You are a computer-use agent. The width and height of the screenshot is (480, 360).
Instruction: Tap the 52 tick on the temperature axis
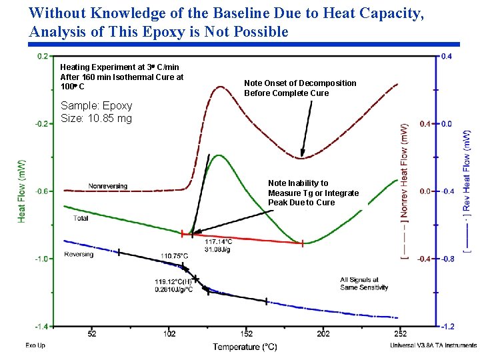pyautogui.click(x=91, y=333)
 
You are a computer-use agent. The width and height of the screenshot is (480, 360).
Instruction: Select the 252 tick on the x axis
pyautogui.click(x=399, y=333)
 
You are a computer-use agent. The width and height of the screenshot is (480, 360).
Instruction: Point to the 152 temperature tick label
pyautogui.click(x=246, y=333)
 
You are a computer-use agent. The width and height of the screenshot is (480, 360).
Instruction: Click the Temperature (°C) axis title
pyautogui.click(x=245, y=346)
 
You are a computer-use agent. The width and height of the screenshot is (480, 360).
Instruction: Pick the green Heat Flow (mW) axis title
pyautogui.click(x=22, y=191)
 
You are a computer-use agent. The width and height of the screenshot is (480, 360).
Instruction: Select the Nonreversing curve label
pyautogui.click(x=107, y=186)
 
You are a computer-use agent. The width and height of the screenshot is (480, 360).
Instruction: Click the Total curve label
pyautogui.click(x=81, y=218)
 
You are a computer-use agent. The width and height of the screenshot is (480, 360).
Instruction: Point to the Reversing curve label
pyautogui.click(x=79, y=254)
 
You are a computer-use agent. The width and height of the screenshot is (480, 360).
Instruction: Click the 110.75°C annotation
pyautogui.click(x=174, y=256)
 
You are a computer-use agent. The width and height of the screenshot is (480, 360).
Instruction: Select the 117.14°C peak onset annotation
pyautogui.click(x=219, y=241)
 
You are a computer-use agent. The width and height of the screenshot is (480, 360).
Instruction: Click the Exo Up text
pyautogui.click(x=35, y=345)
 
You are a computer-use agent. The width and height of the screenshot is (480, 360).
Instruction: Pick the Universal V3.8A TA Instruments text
pyautogui.click(x=433, y=345)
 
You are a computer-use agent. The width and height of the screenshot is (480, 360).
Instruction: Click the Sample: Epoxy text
pyautogui.click(x=96, y=105)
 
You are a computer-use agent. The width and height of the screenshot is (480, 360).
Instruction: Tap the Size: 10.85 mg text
pyautogui.click(x=96, y=119)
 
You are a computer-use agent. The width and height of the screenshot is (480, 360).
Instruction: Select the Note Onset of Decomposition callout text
pyautogui.click(x=300, y=88)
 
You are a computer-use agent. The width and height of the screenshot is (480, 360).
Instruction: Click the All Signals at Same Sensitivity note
pyautogui.click(x=359, y=283)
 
